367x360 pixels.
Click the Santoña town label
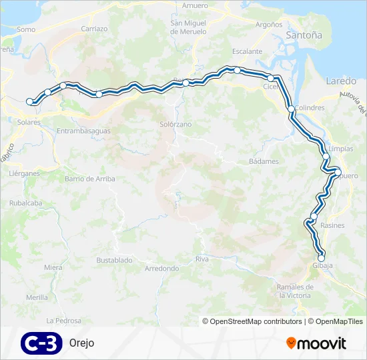tap(303, 35)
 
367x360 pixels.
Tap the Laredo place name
tap(341, 81)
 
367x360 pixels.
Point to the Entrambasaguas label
tap(83, 131)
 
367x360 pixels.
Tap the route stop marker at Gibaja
tap(321, 258)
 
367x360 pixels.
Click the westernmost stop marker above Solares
tap(29, 101)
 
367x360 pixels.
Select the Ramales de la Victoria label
tap(294, 291)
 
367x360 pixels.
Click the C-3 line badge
tap(41, 343)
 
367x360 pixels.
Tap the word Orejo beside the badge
tap(81, 343)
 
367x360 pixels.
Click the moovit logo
tap(316, 343)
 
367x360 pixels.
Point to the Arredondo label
tap(162, 269)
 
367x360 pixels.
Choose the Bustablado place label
tap(113, 259)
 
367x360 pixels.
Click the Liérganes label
tap(25, 173)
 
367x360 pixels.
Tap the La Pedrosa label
tap(63, 321)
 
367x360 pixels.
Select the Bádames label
tap(264, 161)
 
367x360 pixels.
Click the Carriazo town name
tap(94, 29)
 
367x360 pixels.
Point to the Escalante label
tap(247, 51)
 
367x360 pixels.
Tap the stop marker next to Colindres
tap(291, 109)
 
